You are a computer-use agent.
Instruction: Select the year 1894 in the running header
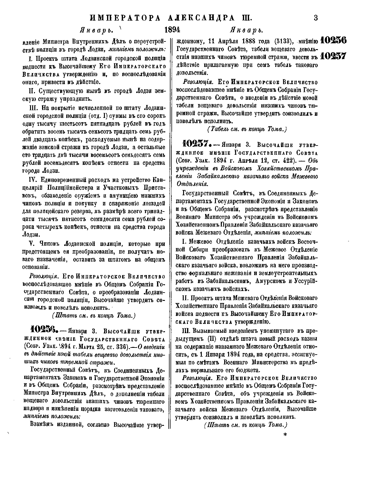172,30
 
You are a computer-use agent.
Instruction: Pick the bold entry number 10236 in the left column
42,331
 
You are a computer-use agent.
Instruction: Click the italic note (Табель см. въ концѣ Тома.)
247,129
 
